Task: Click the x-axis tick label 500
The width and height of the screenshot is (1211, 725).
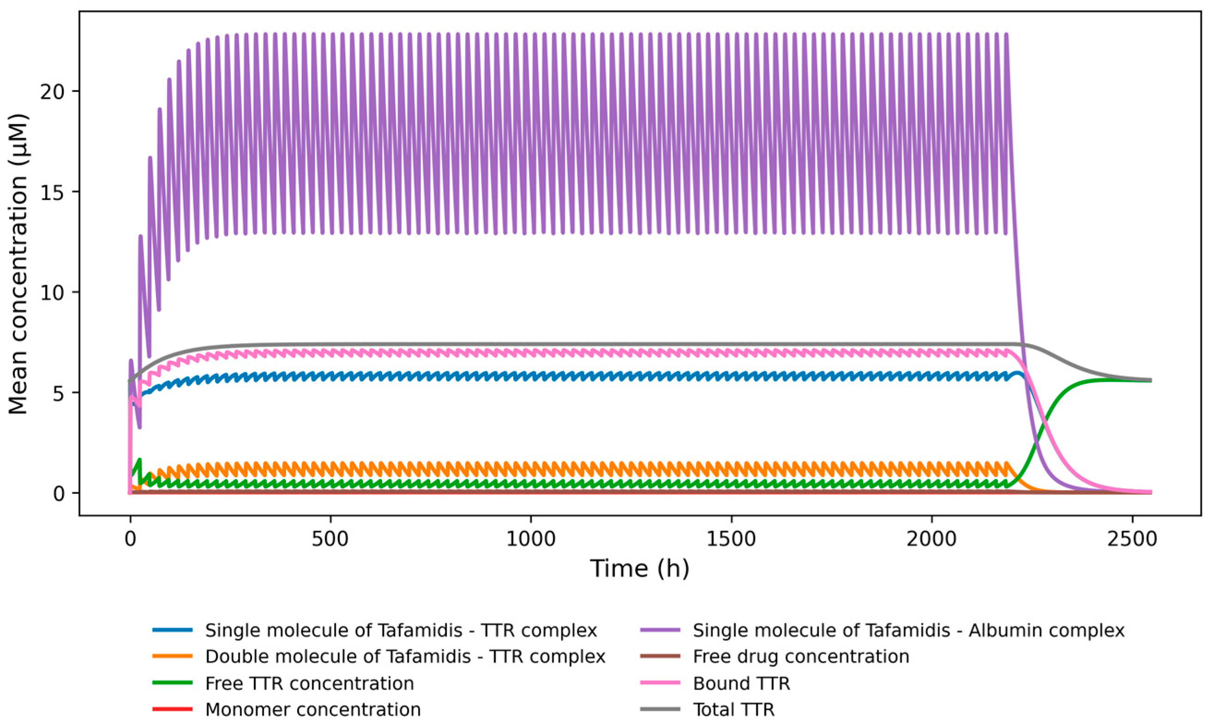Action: pos(331,539)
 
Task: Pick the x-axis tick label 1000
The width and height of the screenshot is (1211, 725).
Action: pos(531,539)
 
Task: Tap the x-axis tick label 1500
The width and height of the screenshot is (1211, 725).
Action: pos(731,539)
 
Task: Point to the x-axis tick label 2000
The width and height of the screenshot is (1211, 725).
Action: pos(932,539)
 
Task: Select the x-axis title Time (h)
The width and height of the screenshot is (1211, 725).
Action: pos(640,569)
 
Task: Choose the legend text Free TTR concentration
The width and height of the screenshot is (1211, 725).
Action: pos(309,683)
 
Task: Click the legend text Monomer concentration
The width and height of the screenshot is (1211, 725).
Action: pos(312,709)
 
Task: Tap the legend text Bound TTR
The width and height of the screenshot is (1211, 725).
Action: pos(741,683)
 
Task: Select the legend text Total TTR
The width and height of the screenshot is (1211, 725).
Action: pos(733,709)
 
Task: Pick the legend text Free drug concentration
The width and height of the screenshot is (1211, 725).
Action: pos(801,657)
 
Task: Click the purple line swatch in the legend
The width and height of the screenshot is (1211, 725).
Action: pos(659,630)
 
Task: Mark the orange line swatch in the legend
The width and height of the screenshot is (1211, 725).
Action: pos(172,657)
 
